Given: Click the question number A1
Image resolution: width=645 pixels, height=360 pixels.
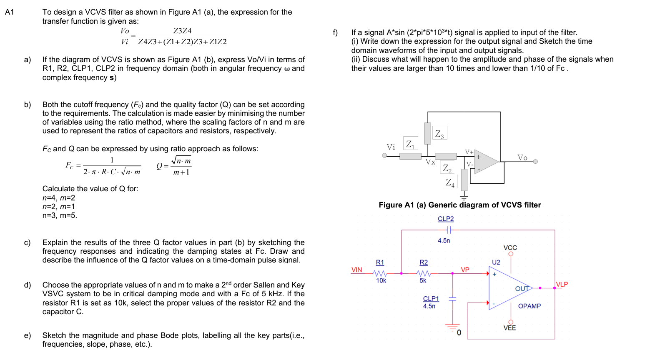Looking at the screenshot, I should pos(10,12).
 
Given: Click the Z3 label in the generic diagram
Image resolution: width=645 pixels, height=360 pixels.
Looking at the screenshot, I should pos(439,134).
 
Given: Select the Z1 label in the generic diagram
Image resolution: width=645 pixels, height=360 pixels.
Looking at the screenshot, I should pos(410,144).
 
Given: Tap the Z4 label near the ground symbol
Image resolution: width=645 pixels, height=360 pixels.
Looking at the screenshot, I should pos(450,182).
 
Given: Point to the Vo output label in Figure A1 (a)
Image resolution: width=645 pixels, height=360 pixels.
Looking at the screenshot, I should pos(522,157).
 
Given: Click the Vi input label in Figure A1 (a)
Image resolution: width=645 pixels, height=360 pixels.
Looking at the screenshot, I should pos(391,147).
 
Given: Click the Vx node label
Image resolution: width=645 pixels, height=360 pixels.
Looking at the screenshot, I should pos(430,162).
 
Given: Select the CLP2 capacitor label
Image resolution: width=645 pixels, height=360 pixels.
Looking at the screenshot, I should pos(445,219).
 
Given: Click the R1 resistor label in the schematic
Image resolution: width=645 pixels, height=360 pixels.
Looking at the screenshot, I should pos(380,262).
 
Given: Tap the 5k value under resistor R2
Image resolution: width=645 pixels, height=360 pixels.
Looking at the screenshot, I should pos(423,281).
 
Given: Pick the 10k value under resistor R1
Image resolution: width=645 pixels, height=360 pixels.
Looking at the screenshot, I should pos(381,281).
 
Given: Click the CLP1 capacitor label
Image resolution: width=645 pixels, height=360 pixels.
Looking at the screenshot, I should pos(431,299).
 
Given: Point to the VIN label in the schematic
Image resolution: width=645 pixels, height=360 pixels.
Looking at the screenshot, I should pos(357,270).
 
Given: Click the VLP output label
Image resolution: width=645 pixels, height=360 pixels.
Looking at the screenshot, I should pos(562,285).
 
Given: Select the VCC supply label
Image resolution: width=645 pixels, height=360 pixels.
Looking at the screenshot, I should pos(510,248).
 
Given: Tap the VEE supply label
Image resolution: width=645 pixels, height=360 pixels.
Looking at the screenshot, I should pos(509,328).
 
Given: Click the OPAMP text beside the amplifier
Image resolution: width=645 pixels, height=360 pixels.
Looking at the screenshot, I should pos(529,306).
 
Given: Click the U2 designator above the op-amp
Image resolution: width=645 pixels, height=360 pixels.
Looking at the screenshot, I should pos(496,262).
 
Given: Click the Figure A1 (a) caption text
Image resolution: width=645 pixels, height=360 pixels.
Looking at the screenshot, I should pos(459,205).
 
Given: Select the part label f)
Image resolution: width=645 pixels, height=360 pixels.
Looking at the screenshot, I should pos(335,32).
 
